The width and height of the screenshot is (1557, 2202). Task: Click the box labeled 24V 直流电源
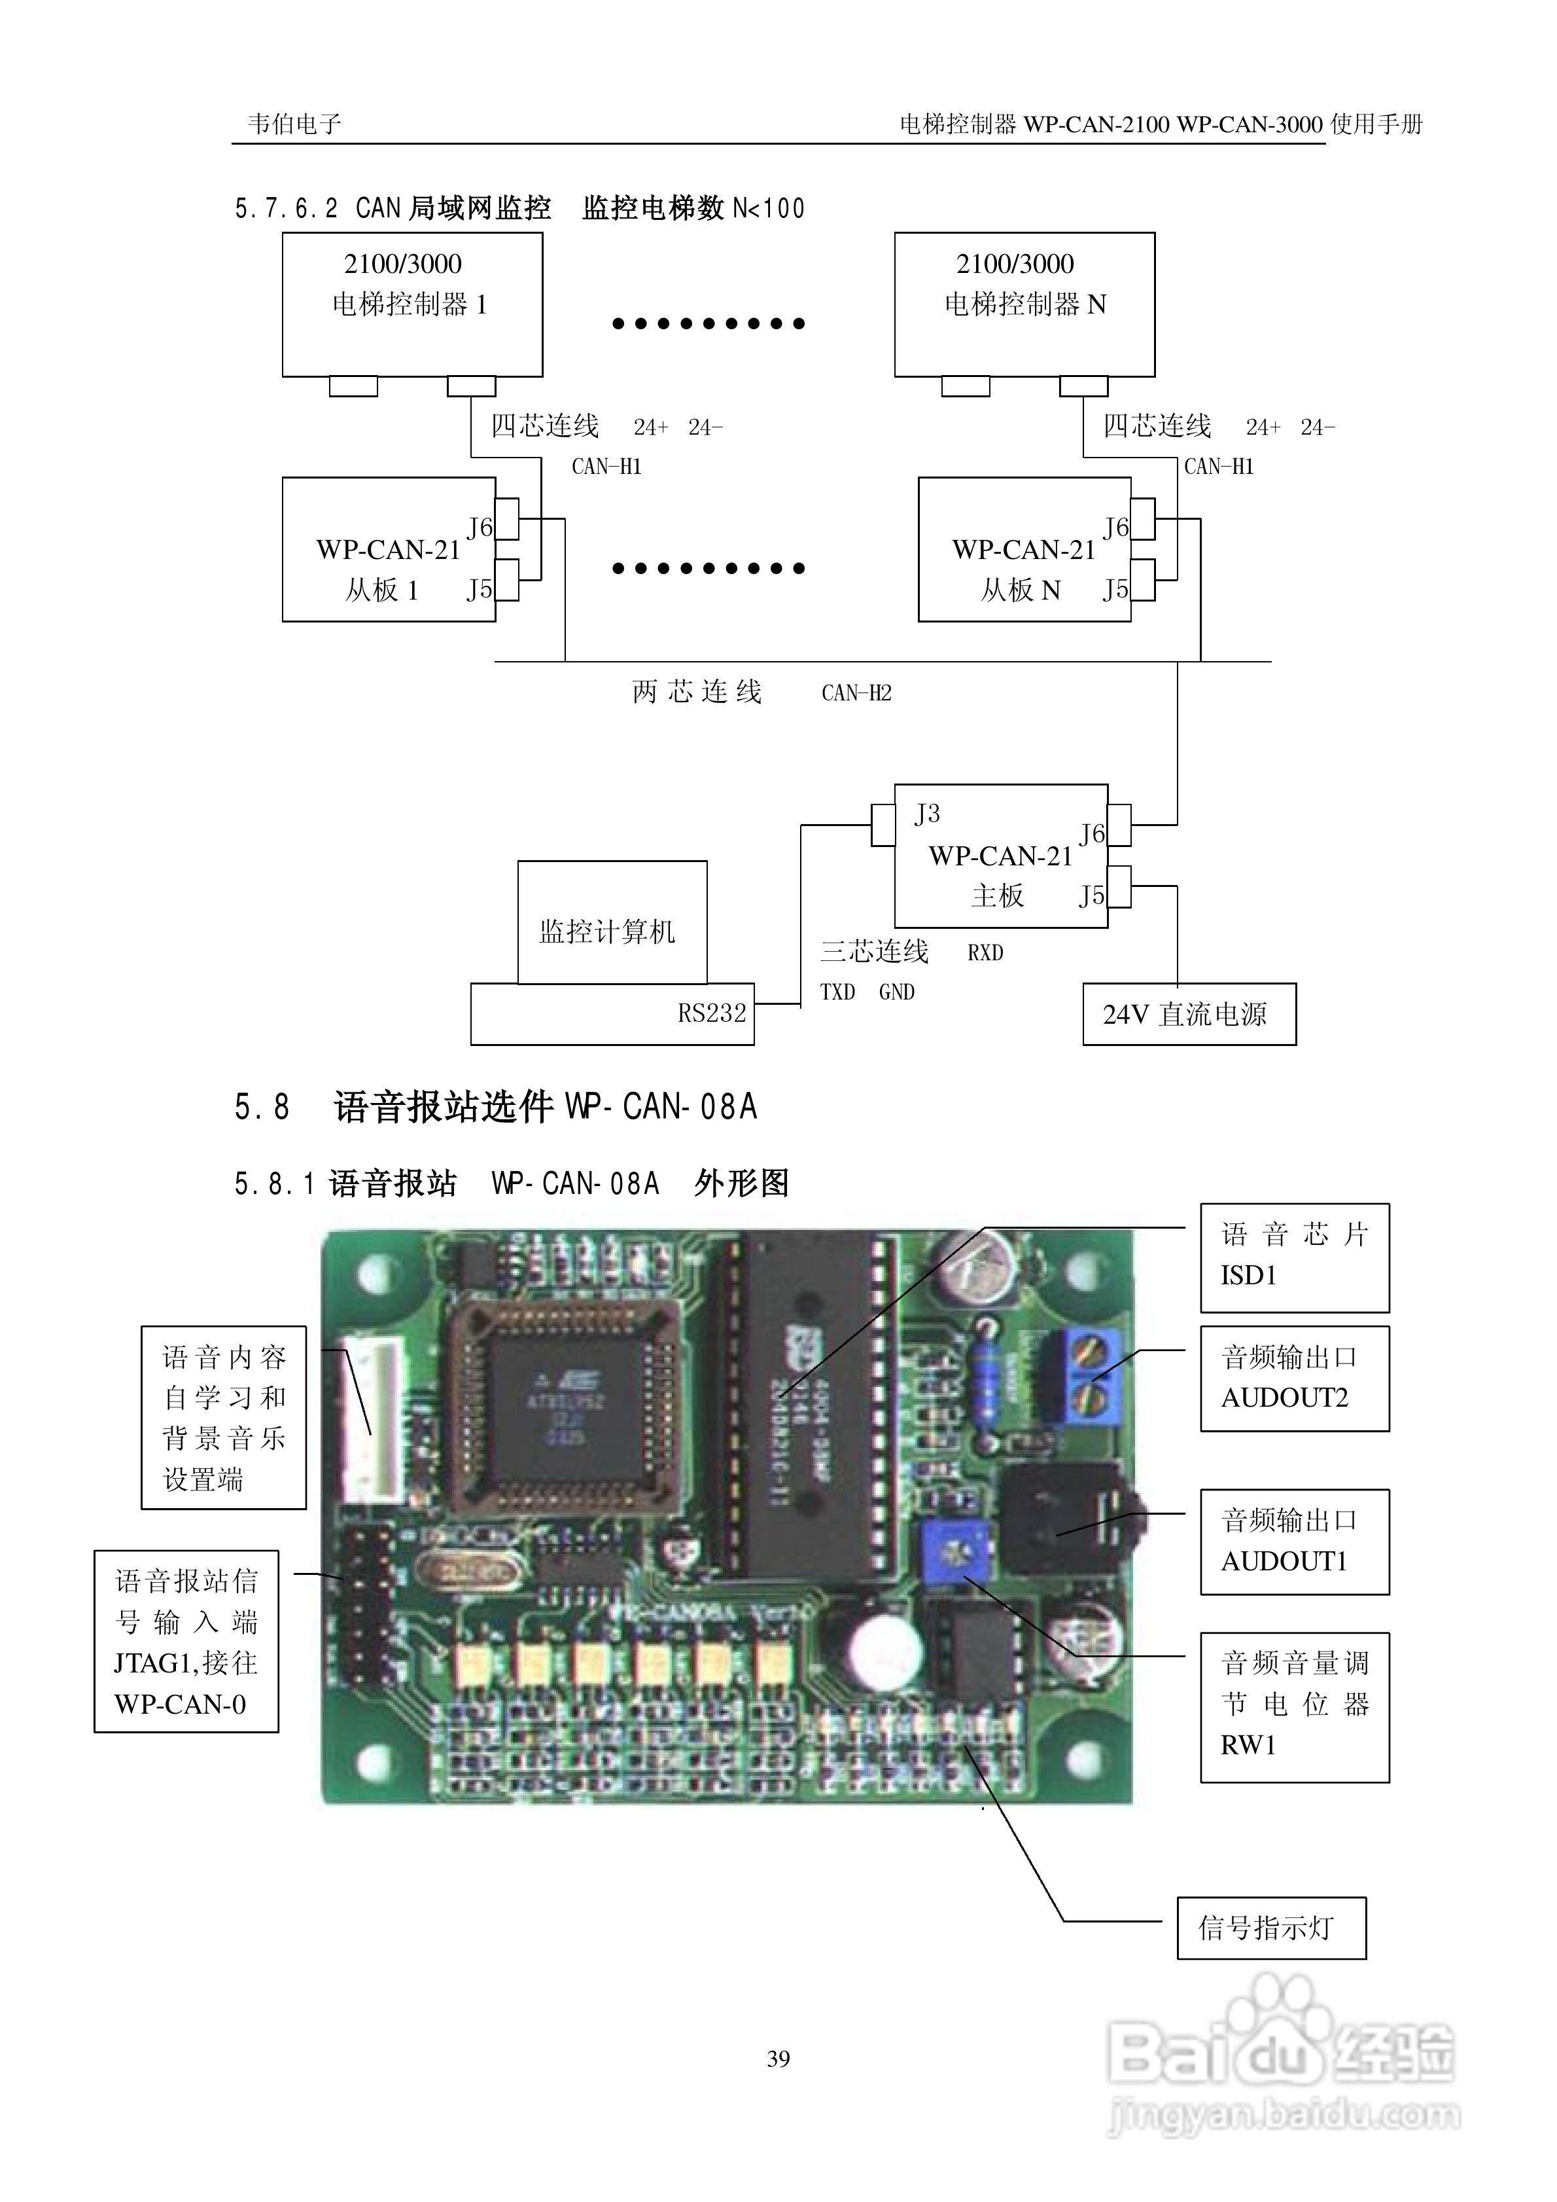coord(1189,1014)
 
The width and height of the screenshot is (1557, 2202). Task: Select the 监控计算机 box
coord(612,922)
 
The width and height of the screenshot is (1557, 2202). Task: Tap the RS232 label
coord(711,1013)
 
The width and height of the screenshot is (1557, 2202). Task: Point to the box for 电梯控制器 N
coord(1024,303)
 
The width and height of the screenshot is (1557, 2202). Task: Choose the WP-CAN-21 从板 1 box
coord(389,550)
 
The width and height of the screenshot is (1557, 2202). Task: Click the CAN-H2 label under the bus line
coord(856,693)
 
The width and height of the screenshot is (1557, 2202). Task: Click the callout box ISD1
coord(1294,1256)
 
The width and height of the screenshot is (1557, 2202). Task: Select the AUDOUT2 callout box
coord(1294,1378)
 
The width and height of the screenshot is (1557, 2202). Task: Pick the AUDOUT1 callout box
coord(1294,1542)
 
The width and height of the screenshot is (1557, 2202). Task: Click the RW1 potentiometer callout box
coord(1294,1706)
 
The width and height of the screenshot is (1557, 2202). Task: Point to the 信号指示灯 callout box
coord(1270,1927)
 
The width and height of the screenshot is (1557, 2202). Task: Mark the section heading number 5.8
coord(262,1107)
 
